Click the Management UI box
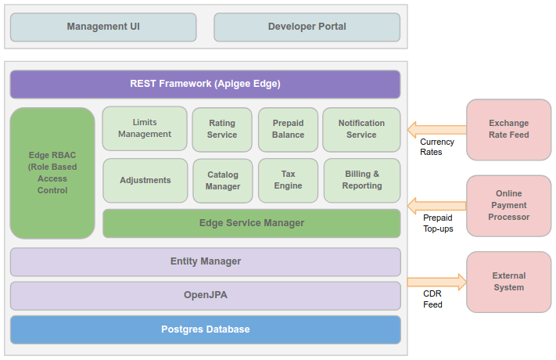point(103,27)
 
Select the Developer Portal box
point(307,27)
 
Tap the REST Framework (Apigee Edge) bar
point(205,84)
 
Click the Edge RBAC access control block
point(52,173)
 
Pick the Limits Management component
point(145,129)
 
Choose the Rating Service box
point(222,129)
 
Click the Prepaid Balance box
point(288,129)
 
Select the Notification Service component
point(361,129)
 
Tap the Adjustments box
point(145,180)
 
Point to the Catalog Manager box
point(222,180)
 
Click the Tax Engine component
point(288,180)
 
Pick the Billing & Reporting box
point(361,180)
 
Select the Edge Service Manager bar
point(251,223)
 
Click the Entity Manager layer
point(205,261)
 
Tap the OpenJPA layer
point(205,296)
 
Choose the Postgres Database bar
point(205,329)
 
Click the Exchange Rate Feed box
point(508,129)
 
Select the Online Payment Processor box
point(508,205)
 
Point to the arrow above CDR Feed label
point(436,282)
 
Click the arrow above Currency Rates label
point(436,129)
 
